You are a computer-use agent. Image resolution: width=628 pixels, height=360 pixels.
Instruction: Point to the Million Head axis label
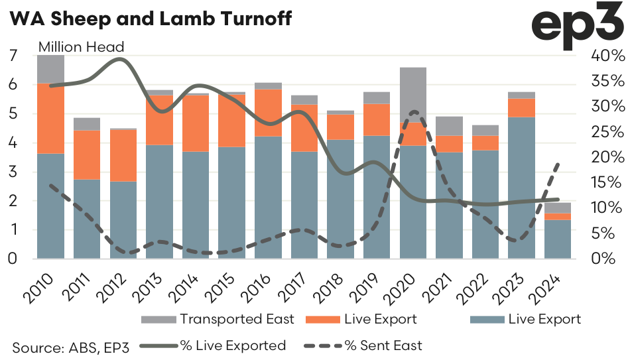(82, 47)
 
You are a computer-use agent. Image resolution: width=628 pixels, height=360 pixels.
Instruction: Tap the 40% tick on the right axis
(607, 56)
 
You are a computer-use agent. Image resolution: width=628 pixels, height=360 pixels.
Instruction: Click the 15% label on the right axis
(607, 182)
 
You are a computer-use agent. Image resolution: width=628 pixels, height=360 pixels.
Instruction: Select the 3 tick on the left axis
(13, 172)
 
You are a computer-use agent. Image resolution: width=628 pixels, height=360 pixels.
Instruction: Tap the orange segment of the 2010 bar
(50, 118)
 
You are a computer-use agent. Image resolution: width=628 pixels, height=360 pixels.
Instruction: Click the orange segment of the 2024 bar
(558, 216)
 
